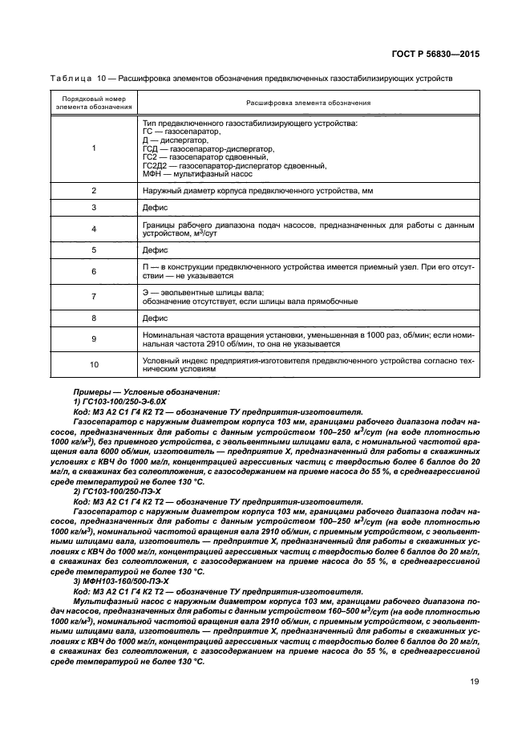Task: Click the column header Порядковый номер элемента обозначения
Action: [94, 103]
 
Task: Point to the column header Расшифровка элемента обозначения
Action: [307, 103]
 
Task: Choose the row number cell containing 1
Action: [94, 148]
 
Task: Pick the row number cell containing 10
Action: [94, 365]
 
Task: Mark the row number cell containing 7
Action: [94, 297]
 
